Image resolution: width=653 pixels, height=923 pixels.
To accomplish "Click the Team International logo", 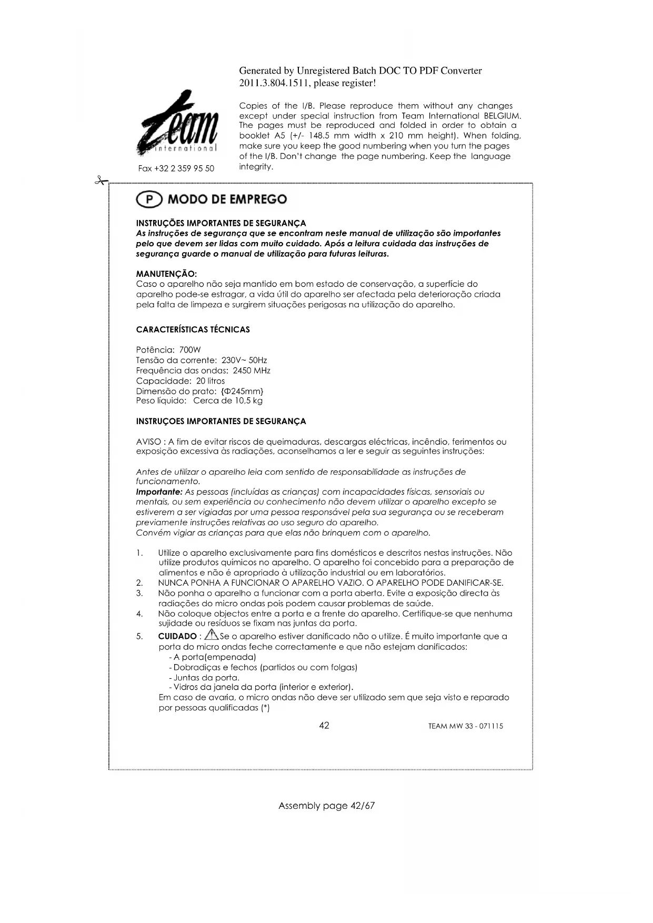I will [176, 124].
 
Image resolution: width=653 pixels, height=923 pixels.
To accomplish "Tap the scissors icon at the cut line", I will [99, 181].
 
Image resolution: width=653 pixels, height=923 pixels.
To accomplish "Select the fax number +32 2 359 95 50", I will [176, 168].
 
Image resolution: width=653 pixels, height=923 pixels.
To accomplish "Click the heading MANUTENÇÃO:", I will [166, 274].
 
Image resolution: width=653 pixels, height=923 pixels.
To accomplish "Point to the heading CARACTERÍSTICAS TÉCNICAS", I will [193, 330].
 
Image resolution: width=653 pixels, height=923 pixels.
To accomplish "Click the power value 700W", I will [190, 350].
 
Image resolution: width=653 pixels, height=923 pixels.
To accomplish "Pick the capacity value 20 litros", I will [210, 381].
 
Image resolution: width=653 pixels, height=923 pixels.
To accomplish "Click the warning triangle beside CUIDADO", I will [212, 635].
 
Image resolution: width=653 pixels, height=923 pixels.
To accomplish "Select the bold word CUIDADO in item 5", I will [177, 637].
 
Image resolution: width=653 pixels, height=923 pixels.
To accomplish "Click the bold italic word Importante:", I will [159, 492].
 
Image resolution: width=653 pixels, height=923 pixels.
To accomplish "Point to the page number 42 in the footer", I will [324, 726].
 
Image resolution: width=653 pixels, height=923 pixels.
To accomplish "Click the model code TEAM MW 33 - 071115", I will [465, 726].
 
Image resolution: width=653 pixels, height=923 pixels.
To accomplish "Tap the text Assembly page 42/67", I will [326, 806].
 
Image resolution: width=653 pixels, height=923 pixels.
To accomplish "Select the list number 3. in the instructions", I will [139, 594].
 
